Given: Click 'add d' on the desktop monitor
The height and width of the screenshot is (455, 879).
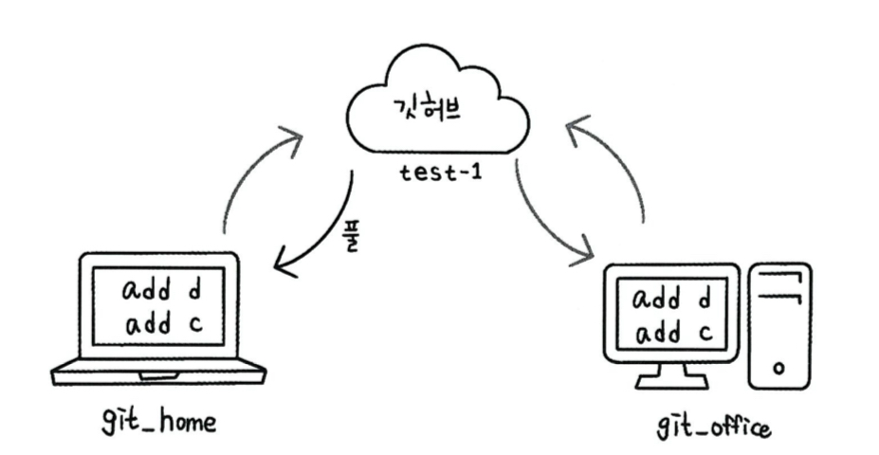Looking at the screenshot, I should click(x=670, y=300).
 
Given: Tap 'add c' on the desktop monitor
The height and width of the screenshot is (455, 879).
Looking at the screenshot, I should click(x=672, y=333).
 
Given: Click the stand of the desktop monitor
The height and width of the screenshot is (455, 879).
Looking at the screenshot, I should click(x=671, y=379).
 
